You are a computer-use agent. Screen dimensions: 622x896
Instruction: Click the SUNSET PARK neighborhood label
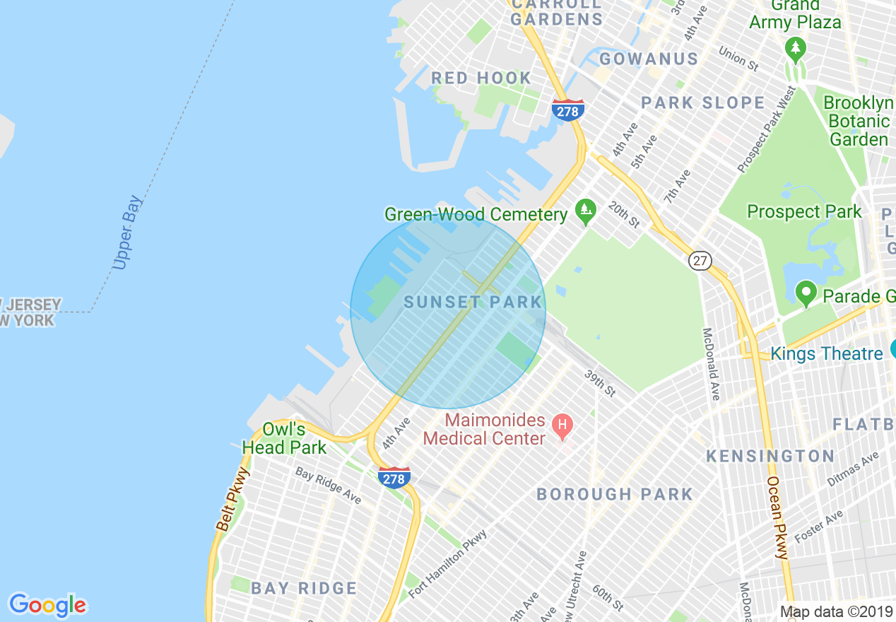click(473, 303)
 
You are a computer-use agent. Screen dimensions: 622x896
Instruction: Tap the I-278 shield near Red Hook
click(567, 110)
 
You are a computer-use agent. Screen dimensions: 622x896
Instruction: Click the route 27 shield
click(700, 261)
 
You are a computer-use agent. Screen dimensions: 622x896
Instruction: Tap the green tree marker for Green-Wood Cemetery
click(584, 210)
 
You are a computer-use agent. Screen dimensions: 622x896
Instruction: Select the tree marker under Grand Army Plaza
click(796, 49)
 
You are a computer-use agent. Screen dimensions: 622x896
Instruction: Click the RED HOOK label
click(481, 78)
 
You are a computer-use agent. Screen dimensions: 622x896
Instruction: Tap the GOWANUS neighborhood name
click(649, 59)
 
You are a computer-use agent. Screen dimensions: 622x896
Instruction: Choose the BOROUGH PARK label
click(615, 494)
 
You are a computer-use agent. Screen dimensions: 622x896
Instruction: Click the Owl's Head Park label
click(284, 438)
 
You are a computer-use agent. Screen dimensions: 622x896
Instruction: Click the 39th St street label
click(600, 382)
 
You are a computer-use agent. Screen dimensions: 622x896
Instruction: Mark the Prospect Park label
click(804, 211)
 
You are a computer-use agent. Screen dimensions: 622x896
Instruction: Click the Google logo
click(47, 605)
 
